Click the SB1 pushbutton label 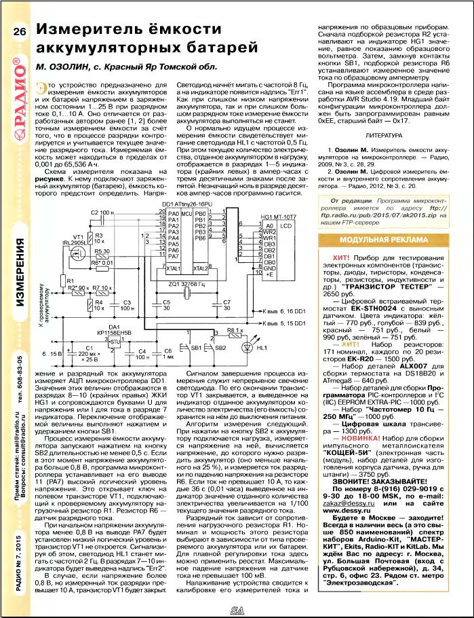[197, 347]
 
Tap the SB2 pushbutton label [220, 347]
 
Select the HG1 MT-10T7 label [279, 216]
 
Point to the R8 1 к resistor [234, 332]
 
